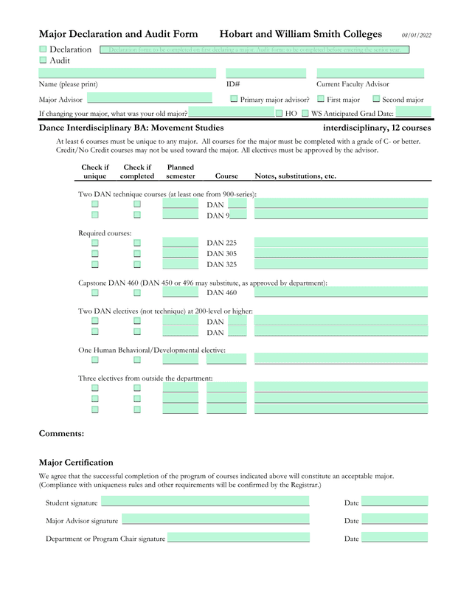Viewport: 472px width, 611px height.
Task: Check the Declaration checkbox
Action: tap(43, 49)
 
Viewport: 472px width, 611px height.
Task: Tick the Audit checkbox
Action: tap(43, 60)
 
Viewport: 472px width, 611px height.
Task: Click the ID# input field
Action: tap(265, 73)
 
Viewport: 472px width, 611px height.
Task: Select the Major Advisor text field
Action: tap(149, 98)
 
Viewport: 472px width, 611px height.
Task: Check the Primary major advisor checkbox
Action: tap(234, 98)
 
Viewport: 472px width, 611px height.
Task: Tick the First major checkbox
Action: tap(321, 98)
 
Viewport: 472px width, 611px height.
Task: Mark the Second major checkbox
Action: tap(376, 98)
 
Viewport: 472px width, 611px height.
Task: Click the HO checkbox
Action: tap(280, 114)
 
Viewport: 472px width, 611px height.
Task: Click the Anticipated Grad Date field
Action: tap(413, 113)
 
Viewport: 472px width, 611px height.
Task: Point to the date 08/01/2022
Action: tap(417, 35)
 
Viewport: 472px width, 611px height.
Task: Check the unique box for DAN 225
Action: tap(95, 242)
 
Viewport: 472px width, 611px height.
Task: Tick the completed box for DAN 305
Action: tap(137, 253)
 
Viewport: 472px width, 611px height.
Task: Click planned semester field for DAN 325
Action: tap(181, 263)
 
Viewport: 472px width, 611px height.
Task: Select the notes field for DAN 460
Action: tap(341, 292)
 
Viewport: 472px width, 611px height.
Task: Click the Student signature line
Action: tap(205, 502)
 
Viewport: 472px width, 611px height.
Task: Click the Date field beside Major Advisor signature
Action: tap(395, 519)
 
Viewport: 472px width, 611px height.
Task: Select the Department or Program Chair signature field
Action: tap(238, 537)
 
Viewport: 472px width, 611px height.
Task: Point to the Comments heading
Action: tap(61, 434)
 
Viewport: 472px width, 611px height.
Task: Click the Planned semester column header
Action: tap(181, 172)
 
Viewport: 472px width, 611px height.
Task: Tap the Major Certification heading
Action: tap(76, 463)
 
